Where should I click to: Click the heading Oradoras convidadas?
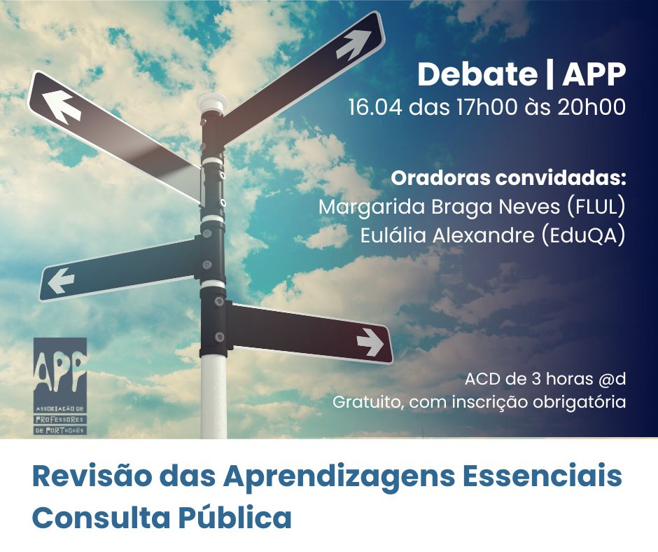507,177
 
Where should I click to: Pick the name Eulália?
391,237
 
